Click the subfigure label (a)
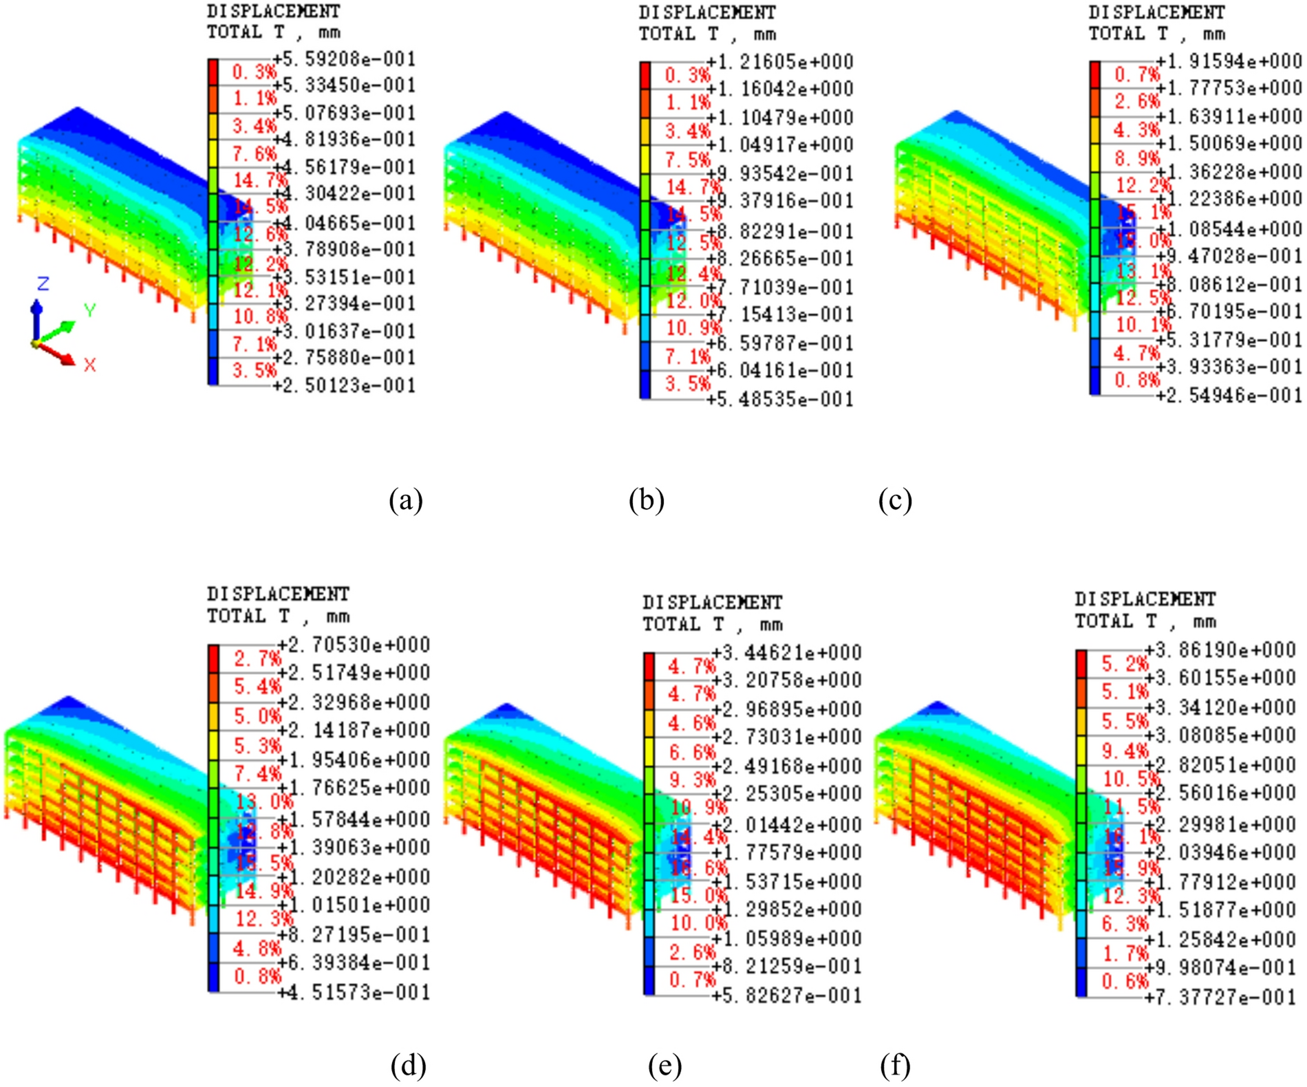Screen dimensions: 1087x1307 [x=405, y=500]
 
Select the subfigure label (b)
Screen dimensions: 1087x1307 [x=646, y=500]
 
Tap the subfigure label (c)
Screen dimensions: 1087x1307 [x=895, y=500]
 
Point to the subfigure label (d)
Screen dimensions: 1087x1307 [x=408, y=1066]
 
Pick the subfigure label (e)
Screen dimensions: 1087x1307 [x=665, y=1066]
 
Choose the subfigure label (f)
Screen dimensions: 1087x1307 [x=895, y=1066]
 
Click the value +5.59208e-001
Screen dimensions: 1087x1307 [x=345, y=59]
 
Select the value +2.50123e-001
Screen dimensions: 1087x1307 [x=345, y=385]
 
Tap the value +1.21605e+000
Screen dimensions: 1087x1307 [x=780, y=62]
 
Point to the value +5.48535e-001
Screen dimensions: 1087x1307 [x=780, y=399]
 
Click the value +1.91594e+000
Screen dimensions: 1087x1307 [x=1229, y=61]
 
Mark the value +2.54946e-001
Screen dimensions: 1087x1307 [x=1229, y=396]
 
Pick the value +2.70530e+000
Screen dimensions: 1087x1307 [x=354, y=645]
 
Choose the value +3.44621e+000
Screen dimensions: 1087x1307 [x=786, y=652]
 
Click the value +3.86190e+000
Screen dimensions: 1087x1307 [x=1220, y=649]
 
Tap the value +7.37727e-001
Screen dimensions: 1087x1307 [x=1220, y=997]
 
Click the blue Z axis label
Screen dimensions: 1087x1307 [x=43, y=283]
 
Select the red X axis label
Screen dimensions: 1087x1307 [x=89, y=365]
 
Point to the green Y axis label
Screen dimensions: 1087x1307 [x=89, y=310]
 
